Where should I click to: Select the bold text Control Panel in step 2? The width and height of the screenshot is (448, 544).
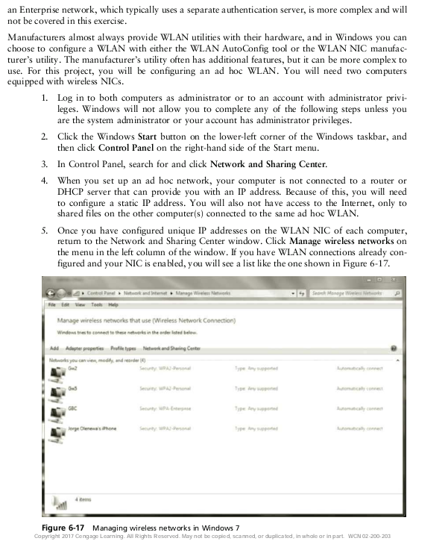[x=126, y=148]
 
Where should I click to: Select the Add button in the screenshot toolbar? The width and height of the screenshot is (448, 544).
[x=54, y=348]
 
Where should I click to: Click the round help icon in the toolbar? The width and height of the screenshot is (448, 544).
[x=392, y=348]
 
